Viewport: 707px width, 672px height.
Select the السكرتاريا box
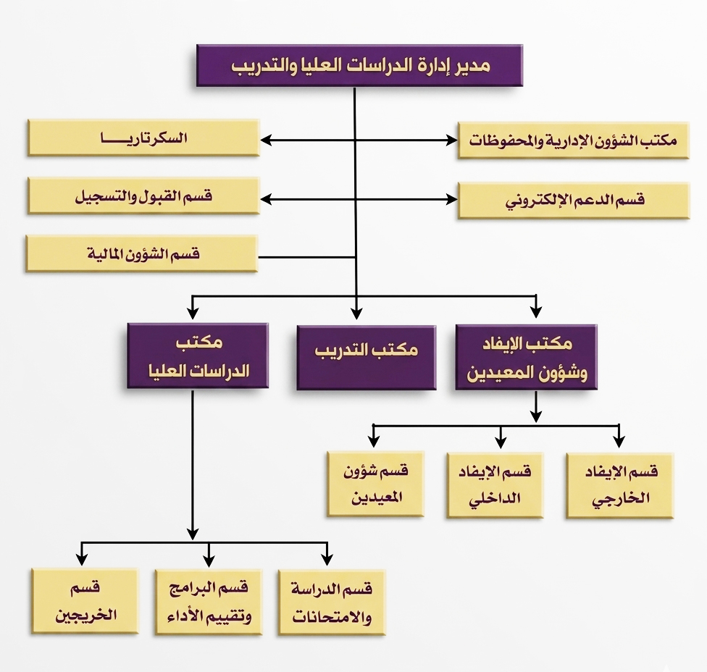(143, 138)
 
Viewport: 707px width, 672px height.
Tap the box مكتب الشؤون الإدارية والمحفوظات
(573, 140)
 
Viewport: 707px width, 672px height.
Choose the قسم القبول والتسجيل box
(143, 196)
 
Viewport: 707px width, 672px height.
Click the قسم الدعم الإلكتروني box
(573, 200)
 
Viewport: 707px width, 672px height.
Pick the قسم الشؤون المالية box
(142, 253)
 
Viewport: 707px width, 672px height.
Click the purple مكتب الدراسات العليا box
(197, 356)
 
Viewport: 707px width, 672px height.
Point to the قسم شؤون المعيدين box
(375, 484)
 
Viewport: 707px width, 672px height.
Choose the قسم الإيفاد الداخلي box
(496, 485)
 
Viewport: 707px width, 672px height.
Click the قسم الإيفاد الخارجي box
(619, 485)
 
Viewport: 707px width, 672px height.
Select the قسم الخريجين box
(85, 600)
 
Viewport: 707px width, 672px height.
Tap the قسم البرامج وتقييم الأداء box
(208, 602)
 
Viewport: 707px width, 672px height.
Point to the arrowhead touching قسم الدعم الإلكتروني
(451, 198)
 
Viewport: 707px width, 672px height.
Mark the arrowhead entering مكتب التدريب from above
(356, 313)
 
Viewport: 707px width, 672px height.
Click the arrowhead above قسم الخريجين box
(82, 559)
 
